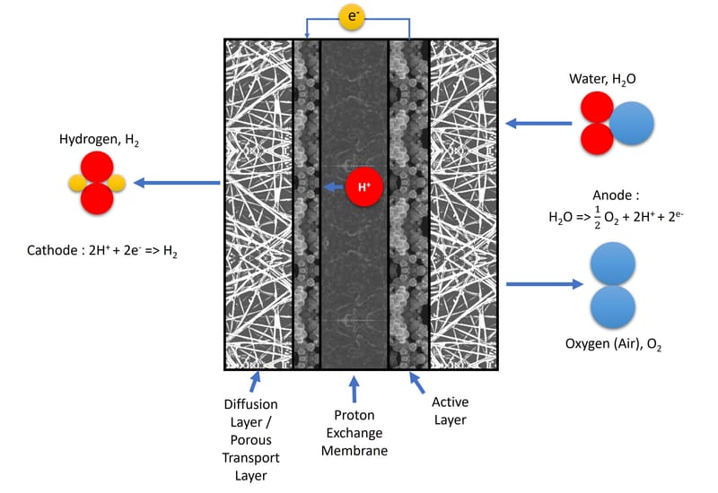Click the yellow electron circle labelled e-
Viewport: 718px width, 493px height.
point(352,17)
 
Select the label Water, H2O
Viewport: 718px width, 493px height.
point(602,80)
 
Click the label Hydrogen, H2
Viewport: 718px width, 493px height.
point(99,141)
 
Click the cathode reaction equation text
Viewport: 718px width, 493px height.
point(102,254)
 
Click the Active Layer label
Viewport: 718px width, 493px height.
point(450,411)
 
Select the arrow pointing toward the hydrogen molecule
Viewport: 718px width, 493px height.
point(177,184)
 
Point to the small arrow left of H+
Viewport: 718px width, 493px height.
point(334,187)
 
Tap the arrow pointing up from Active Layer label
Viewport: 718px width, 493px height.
point(418,385)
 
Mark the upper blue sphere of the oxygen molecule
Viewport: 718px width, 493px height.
point(613,268)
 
